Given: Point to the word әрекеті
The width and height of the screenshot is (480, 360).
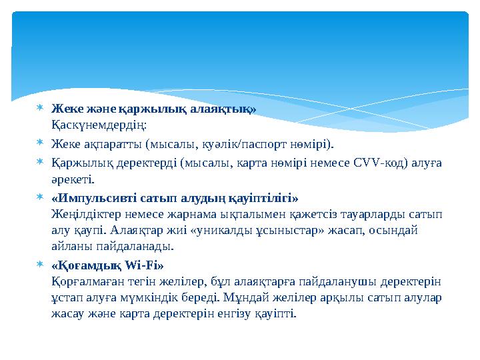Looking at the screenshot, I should [x=73, y=179].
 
